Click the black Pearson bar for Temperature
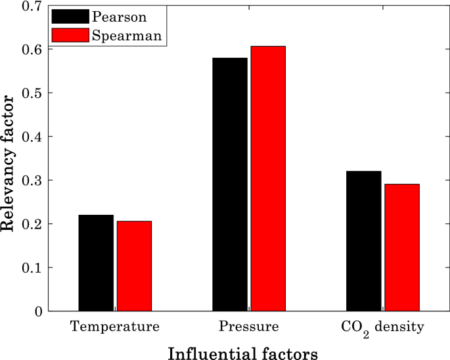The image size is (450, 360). coord(96,263)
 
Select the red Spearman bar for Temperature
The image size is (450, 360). coord(134,266)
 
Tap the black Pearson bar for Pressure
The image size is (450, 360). coord(230,184)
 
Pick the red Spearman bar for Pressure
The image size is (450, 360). coord(268,178)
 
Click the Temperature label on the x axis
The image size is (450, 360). coord(115,326)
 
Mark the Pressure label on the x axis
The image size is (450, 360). coord(249,326)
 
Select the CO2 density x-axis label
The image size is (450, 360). coord(382,327)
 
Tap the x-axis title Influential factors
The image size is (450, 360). coord(243,353)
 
